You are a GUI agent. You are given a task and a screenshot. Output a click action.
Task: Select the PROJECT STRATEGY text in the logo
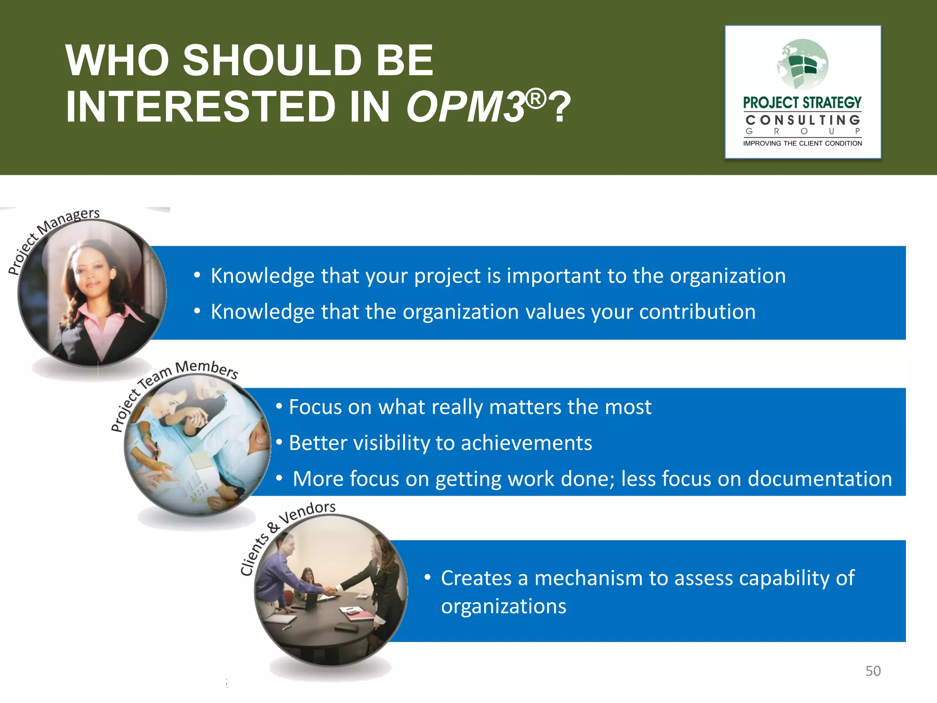(802, 103)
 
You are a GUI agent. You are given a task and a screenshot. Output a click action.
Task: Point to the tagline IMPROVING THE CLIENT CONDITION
(802, 143)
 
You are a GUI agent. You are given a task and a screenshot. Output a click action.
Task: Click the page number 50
(872, 671)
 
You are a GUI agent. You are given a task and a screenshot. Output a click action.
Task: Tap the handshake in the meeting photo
(331, 590)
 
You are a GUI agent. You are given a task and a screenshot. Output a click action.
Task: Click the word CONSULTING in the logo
(802, 120)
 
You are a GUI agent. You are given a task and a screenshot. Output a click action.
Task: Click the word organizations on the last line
(503, 606)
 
